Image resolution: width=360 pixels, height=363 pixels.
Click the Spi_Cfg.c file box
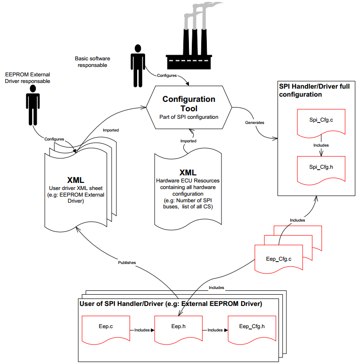point(320,122)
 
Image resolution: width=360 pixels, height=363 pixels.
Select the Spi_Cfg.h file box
point(320,167)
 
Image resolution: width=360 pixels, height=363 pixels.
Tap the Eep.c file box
point(105,326)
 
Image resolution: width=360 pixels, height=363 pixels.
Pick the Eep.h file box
point(178,326)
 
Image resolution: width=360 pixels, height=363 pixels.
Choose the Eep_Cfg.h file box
point(252,326)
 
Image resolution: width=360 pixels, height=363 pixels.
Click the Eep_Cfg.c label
point(279,259)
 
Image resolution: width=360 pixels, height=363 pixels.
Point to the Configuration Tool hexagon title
point(188,104)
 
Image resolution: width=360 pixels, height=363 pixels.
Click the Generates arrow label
point(254,123)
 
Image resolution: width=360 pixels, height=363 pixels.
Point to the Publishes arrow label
point(127,262)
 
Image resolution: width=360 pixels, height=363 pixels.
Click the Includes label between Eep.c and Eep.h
point(142,330)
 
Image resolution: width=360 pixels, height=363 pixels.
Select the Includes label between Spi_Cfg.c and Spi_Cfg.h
point(321,145)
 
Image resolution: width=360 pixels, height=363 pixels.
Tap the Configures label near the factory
point(167,75)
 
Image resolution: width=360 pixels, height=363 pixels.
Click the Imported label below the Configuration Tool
point(188,140)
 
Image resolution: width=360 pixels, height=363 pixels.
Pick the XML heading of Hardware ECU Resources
point(188,173)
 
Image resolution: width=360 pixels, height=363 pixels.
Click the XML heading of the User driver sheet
point(76,180)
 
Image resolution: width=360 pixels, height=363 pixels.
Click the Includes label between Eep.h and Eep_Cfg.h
point(215,330)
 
